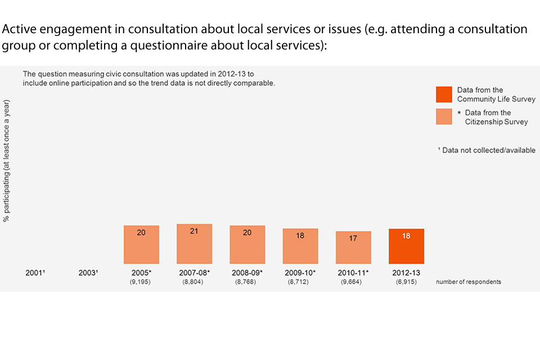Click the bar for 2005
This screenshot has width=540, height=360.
pyautogui.click(x=141, y=245)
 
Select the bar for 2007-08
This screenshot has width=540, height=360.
pyautogui.click(x=194, y=244)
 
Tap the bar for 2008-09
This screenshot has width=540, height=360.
pyautogui.click(x=247, y=245)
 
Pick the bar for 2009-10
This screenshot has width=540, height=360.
pyautogui.click(x=300, y=246)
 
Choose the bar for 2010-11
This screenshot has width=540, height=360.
pyautogui.click(x=353, y=247)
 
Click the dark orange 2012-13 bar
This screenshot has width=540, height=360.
pyautogui.click(x=406, y=246)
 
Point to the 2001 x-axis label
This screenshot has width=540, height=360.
pyautogui.click(x=35, y=273)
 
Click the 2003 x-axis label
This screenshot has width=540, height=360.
pyautogui.click(x=88, y=273)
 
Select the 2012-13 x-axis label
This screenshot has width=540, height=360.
pyautogui.click(x=406, y=273)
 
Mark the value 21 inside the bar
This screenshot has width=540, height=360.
pyautogui.click(x=194, y=231)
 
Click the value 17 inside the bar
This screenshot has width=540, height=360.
pyautogui.click(x=353, y=238)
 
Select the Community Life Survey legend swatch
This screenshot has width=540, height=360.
pyautogui.click(x=444, y=94)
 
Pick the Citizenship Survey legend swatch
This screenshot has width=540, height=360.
pyautogui.click(x=444, y=116)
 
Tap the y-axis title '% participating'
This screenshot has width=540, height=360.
pyautogui.click(x=7, y=160)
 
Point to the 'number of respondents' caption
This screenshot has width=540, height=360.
pyautogui.click(x=468, y=282)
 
